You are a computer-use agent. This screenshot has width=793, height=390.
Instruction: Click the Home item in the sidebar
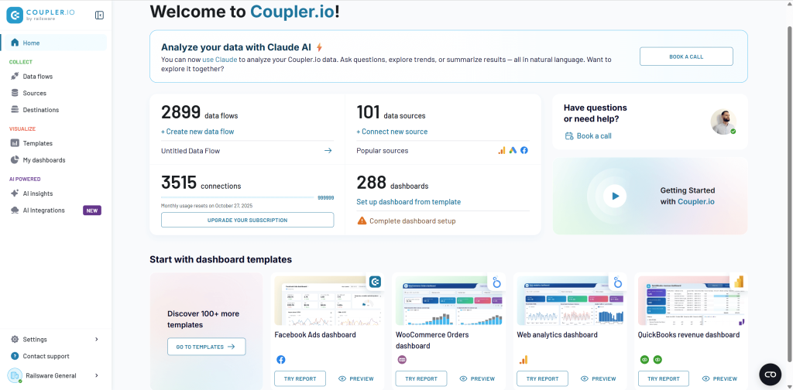(31, 43)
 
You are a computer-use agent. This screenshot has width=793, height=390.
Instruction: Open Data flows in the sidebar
(37, 77)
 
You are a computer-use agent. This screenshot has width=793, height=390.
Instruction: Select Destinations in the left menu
(40, 110)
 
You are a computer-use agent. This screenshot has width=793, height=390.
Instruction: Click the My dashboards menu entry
(43, 160)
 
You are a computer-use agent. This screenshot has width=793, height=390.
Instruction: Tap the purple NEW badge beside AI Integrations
(92, 210)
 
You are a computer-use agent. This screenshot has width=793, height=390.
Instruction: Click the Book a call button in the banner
(685, 56)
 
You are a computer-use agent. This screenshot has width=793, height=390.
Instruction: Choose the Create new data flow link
(197, 132)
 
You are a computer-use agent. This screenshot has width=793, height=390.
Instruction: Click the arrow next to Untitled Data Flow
(328, 151)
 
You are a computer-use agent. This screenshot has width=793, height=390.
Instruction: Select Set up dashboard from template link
(408, 202)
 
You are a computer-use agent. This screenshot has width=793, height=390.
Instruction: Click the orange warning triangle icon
(362, 221)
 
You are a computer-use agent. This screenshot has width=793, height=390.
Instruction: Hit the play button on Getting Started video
(615, 196)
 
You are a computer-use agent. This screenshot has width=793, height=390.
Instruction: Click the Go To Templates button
(206, 347)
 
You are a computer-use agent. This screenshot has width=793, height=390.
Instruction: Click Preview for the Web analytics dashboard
(599, 378)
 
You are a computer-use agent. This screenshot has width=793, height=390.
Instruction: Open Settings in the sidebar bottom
(35, 340)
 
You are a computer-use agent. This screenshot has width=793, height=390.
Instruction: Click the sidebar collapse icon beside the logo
(99, 15)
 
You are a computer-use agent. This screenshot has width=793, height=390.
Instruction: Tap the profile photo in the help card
(723, 121)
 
